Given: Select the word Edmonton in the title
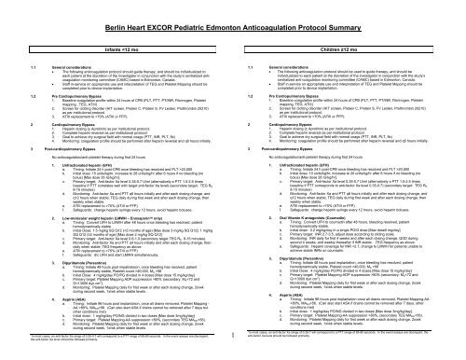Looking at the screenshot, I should click(x=241, y=8).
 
